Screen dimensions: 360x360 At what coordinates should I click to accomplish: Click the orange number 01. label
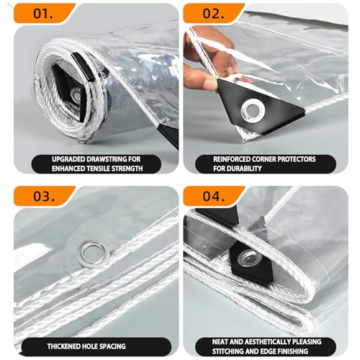tap(43, 14)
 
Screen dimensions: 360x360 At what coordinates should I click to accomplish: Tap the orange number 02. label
tap(213, 14)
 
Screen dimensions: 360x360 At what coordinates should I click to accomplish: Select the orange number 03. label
tap(44, 196)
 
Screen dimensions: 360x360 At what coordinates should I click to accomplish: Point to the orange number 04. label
tap(213, 196)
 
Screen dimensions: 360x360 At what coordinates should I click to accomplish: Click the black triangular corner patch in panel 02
tap(259, 106)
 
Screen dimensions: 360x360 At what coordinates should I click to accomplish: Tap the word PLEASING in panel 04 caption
tap(307, 342)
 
